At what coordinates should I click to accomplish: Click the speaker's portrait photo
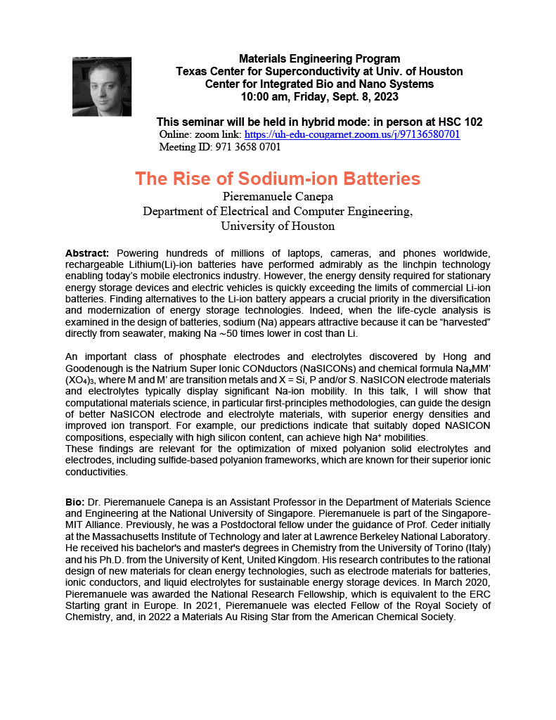coord(102,86)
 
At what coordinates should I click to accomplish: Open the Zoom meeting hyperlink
coord(352,134)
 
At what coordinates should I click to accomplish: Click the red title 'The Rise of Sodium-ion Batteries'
coord(278,179)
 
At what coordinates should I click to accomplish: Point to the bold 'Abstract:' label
coord(87,252)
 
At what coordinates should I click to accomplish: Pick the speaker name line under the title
coord(278,195)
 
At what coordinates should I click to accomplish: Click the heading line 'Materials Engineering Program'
coord(320,59)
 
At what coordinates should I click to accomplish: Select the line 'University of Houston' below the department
coord(278,226)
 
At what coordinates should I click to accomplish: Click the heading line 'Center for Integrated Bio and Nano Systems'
coord(319,84)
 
